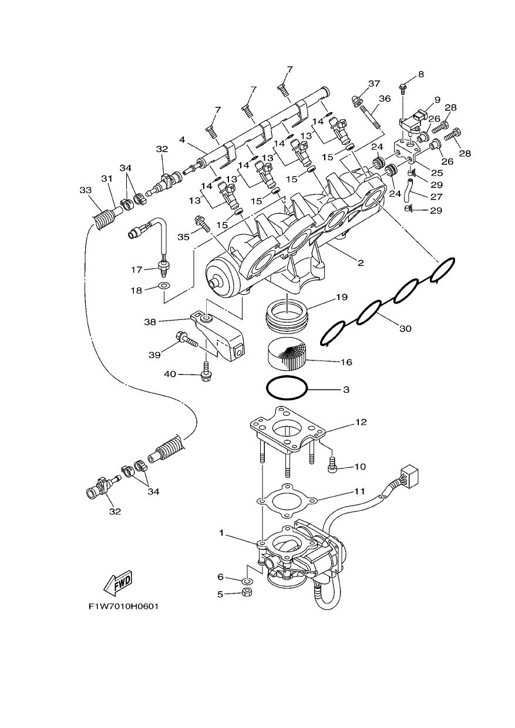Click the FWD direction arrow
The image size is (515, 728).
[117, 583]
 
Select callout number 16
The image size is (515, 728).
[346, 362]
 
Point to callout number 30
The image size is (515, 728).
[405, 329]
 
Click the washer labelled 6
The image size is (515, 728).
[247, 581]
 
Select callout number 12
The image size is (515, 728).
[361, 422]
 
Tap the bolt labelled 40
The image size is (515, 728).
[206, 372]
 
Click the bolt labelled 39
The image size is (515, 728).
[187, 339]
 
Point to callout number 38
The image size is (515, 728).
[150, 322]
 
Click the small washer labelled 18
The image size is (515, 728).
[164, 286]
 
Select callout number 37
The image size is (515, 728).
[374, 83]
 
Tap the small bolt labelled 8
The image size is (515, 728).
[403, 89]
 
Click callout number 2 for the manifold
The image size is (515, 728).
[361, 262]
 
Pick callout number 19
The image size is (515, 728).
[342, 297]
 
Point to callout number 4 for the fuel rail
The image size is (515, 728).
[182, 140]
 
